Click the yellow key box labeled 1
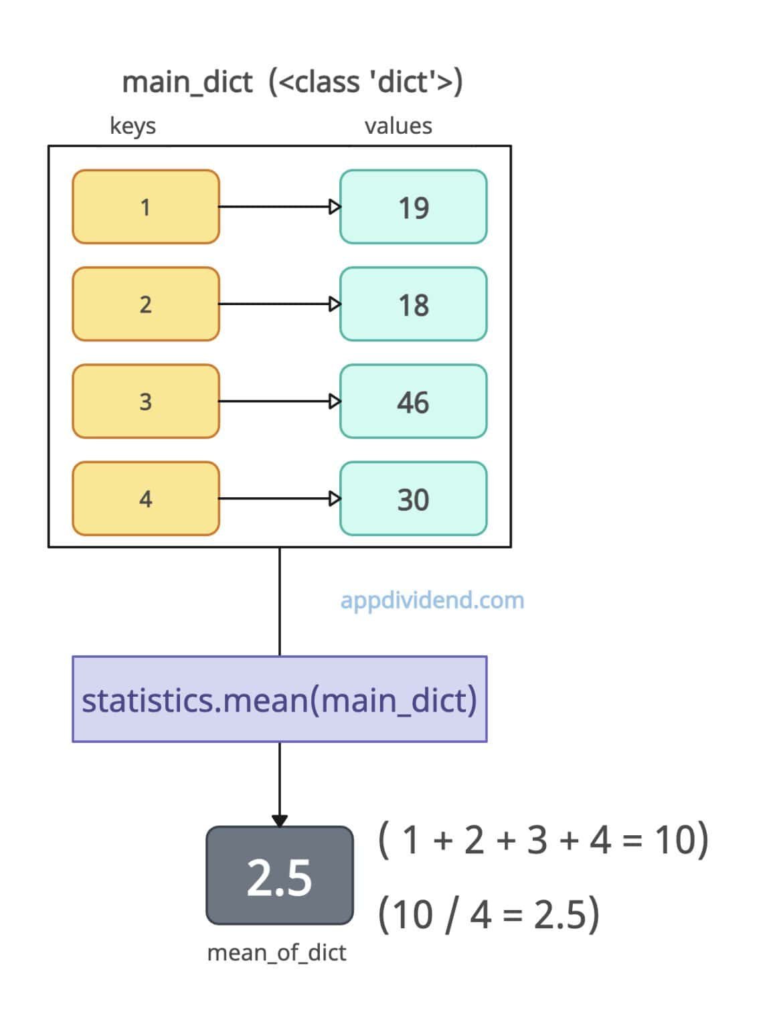click(146, 207)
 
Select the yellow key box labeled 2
click(146, 304)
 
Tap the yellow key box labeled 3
click(146, 402)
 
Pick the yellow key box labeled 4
click(146, 499)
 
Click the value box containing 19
click(413, 207)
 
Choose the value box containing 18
click(413, 304)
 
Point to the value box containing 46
click(413, 402)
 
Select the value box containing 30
click(413, 499)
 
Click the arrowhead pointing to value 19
click(335, 207)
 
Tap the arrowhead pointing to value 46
click(335, 402)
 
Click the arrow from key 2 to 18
click(274, 304)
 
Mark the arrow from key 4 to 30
click(274, 499)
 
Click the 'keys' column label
click(133, 126)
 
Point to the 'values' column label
click(398, 126)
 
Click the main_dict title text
click(292, 82)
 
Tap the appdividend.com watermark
click(432, 600)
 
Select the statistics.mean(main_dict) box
click(279, 699)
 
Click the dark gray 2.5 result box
click(279, 876)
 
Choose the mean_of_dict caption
click(276, 952)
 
